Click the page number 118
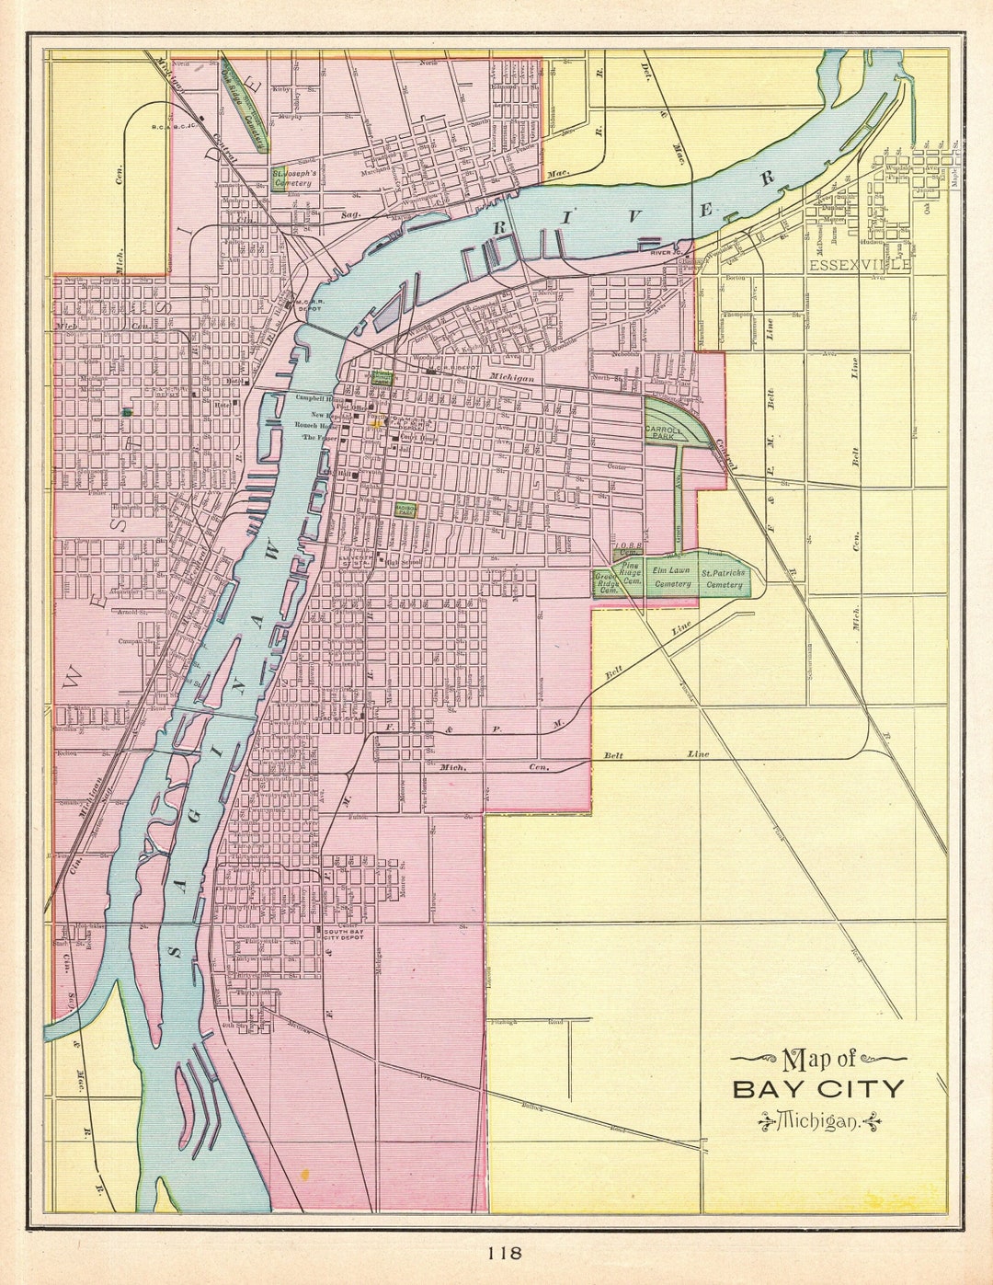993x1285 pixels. (x=505, y=1252)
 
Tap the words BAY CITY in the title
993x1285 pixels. (x=818, y=1090)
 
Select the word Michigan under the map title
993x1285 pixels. (x=818, y=1121)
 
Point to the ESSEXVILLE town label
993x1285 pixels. (x=860, y=265)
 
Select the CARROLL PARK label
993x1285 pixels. (x=663, y=431)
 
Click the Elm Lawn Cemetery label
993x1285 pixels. (x=671, y=577)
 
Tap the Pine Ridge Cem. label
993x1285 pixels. (x=631, y=572)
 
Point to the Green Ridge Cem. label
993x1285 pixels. (x=606, y=583)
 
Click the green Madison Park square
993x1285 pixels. (x=405, y=509)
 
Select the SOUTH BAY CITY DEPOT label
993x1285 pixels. (x=344, y=935)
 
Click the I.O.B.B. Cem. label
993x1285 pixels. (x=629, y=548)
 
